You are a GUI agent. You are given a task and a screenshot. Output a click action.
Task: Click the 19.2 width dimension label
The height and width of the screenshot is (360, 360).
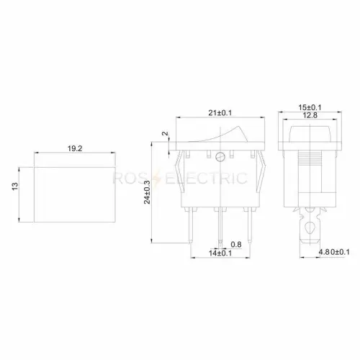(75, 148)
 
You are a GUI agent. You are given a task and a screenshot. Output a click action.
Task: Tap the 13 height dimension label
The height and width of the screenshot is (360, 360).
(15, 186)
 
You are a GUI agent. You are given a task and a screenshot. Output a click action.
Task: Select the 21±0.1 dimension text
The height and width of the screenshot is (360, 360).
(220, 113)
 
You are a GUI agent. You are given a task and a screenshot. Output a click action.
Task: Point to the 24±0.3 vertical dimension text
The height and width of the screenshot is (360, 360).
(147, 192)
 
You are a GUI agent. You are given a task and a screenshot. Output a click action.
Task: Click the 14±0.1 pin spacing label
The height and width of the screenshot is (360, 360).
(220, 253)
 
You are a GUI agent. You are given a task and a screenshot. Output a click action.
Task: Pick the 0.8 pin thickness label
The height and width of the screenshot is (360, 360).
(236, 244)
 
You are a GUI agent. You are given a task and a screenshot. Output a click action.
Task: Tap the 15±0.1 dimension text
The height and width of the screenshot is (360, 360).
(310, 107)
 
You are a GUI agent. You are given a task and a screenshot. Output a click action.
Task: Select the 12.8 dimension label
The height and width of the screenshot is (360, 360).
(310, 115)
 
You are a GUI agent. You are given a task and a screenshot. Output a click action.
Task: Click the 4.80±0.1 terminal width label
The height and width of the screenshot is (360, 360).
(334, 252)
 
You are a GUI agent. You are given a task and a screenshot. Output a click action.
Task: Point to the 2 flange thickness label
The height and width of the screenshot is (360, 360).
(166, 133)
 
